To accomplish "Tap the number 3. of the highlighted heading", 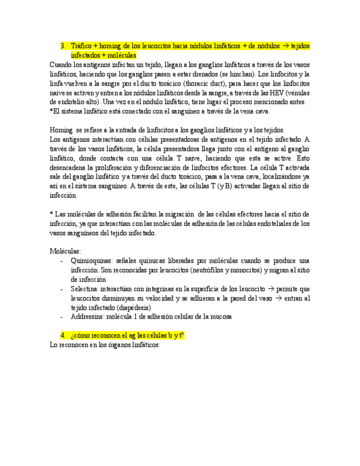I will (x=63, y=46).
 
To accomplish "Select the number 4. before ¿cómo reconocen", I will (x=63, y=335).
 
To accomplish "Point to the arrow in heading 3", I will (x=286, y=46).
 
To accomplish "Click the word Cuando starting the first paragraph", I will (x=60, y=65).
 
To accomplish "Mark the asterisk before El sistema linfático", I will (x=51, y=112).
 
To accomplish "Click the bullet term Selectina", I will (x=84, y=289).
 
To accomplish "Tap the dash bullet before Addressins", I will (x=62, y=317).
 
